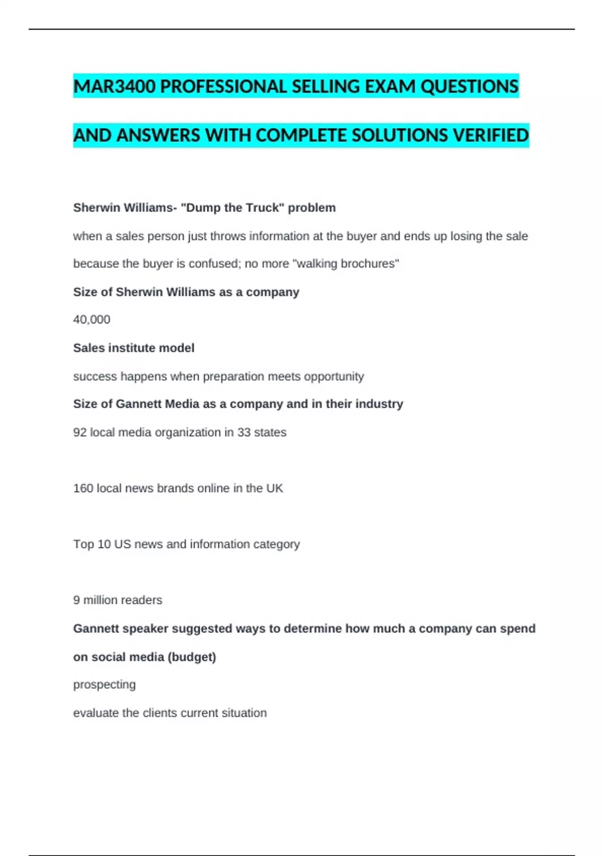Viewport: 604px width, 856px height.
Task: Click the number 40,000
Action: tap(92, 320)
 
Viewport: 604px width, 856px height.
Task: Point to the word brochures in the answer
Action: tap(371, 264)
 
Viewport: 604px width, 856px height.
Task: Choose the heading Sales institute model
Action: tap(133, 348)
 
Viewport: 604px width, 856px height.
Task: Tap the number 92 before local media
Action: tap(80, 433)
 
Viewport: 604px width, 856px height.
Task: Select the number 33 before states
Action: tap(244, 433)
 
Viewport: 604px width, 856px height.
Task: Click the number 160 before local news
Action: tap(83, 488)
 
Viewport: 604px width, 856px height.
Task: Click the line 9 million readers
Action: tap(118, 600)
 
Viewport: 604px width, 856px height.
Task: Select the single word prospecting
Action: tap(104, 685)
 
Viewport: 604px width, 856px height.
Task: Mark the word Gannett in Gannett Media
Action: tap(139, 404)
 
